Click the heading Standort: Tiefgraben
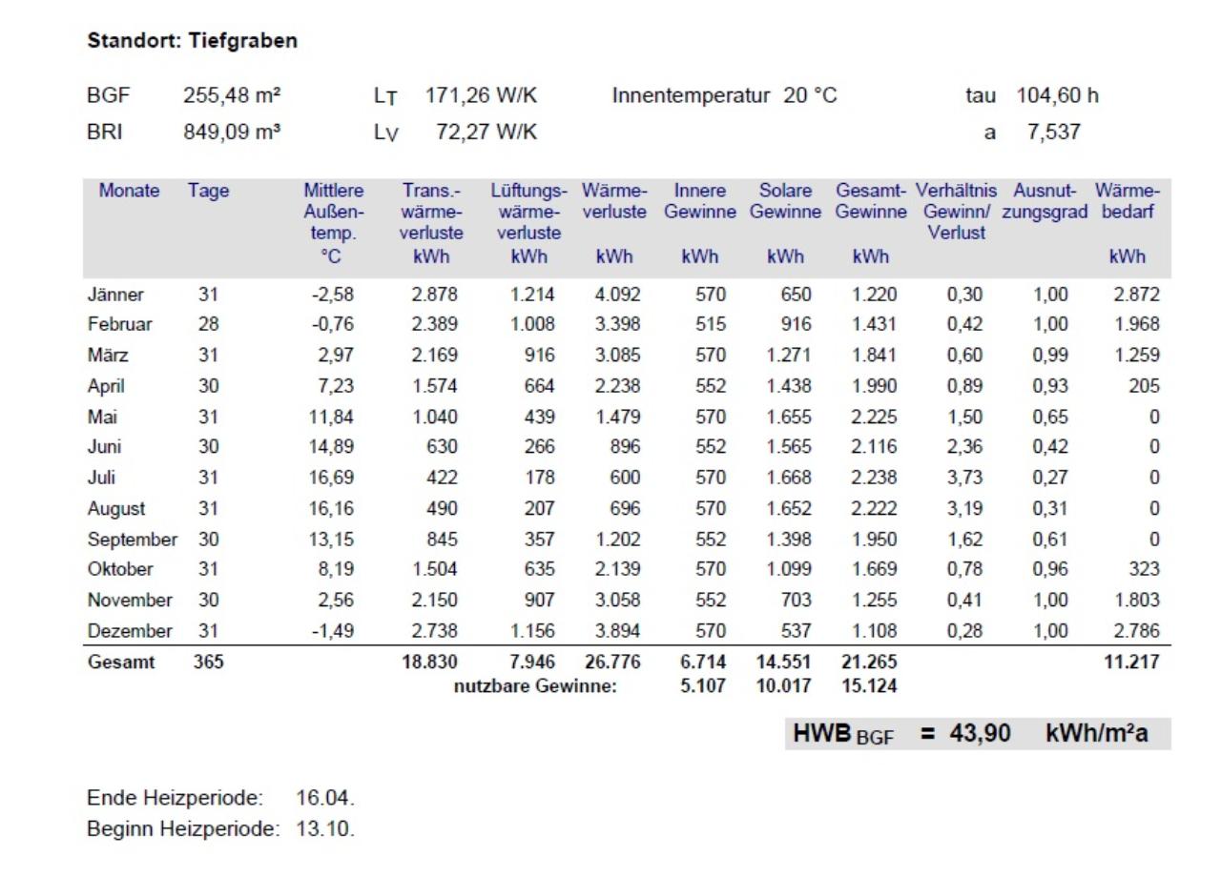point(193,41)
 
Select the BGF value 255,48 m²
point(232,95)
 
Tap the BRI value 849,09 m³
point(232,132)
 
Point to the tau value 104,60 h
point(1058,95)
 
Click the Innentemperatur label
point(691,95)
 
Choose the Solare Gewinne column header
point(785,200)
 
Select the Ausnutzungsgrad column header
point(1045,200)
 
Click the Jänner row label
point(115,295)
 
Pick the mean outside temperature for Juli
point(331,478)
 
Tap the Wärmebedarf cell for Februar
point(1136,324)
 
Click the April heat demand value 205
point(1144,386)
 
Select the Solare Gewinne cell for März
point(789,356)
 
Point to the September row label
point(133,540)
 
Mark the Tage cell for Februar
point(208,324)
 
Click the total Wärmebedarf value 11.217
point(1131,662)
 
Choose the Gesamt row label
point(121,662)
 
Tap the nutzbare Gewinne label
point(535,685)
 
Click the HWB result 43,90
point(980,733)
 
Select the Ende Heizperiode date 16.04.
point(325,798)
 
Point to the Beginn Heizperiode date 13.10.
point(325,829)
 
